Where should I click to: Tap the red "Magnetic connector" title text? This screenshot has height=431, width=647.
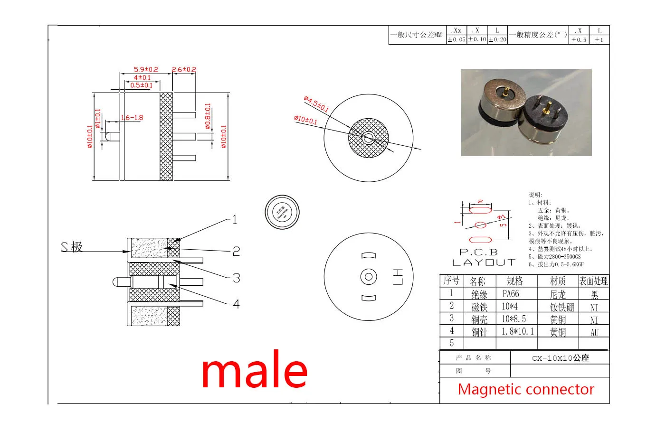(525, 389)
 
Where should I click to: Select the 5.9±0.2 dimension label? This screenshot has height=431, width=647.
(146, 69)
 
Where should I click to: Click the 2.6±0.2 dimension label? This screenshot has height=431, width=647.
(184, 69)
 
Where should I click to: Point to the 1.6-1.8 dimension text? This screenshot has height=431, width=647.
(132, 118)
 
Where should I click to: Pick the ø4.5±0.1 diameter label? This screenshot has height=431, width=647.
(316, 104)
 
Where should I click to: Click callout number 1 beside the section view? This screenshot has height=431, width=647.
(234, 219)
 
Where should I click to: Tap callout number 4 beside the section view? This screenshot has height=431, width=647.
(236, 304)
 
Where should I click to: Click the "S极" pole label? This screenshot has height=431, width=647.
(72, 247)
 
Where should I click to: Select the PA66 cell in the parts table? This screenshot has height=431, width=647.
(511, 294)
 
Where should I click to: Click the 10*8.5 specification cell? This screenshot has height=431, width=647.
(514, 319)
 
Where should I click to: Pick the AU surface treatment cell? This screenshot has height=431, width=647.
(594, 332)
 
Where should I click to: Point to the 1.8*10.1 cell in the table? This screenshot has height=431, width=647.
(517, 331)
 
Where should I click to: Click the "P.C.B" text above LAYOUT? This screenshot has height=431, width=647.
(478, 253)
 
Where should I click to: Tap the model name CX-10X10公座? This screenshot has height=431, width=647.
(560, 358)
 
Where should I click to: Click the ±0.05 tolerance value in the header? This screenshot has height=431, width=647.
(456, 40)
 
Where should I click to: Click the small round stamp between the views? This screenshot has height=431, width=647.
(282, 212)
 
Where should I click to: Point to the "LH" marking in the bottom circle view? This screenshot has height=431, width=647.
(398, 277)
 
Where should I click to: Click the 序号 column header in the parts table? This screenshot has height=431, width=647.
(451, 281)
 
